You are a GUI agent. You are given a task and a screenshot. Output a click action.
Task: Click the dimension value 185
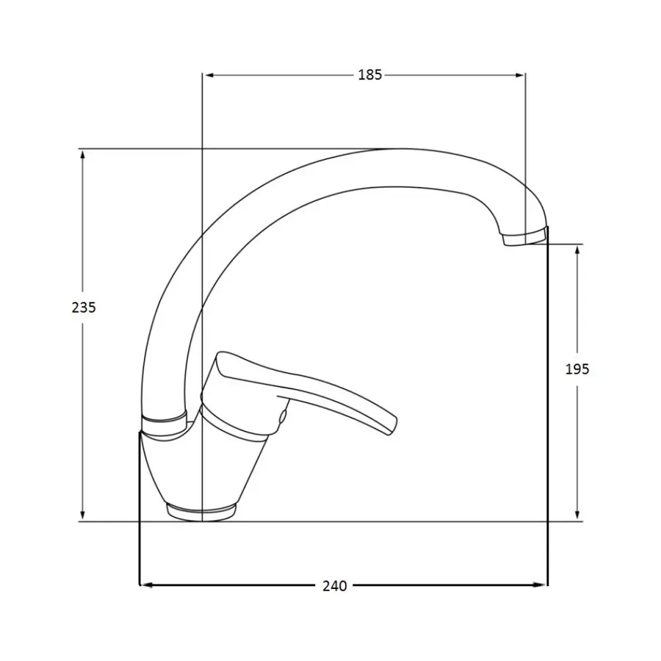(x=370, y=75)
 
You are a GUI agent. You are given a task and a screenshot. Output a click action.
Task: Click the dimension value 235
(x=84, y=308)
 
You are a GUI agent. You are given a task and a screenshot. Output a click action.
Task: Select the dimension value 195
(x=577, y=369)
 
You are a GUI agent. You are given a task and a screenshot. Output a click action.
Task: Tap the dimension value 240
(x=334, y=585)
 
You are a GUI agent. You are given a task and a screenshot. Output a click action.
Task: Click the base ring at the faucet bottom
(x=201, y=511)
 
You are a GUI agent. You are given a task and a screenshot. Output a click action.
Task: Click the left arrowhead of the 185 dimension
(x=208, y=75)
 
